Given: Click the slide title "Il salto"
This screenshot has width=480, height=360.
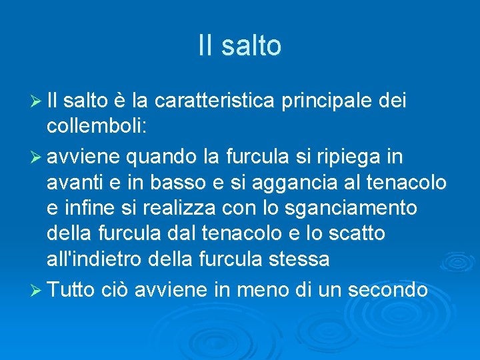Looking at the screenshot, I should (240, 46).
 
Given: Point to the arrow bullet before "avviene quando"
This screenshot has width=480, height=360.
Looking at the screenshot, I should (36, 158).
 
